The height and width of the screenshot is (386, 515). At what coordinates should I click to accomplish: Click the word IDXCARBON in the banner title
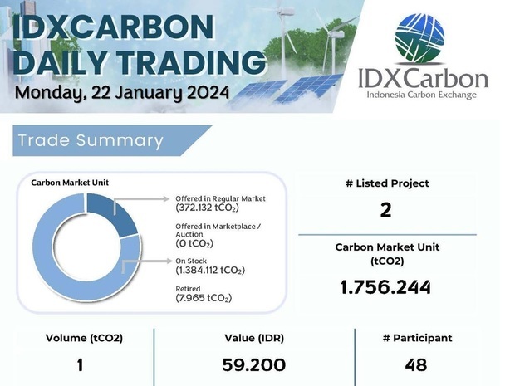click(x=114, y=27)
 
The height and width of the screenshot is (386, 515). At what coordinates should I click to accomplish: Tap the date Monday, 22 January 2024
click(x=122, y=93)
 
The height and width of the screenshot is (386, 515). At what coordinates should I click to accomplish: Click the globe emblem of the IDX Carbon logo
click(x=419, y=38)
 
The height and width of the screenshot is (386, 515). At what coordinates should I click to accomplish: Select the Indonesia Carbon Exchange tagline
click(x=421, y=95)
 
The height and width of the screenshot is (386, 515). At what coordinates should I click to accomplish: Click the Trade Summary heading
click(x=91, y=140)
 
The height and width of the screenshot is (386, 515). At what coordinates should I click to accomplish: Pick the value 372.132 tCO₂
click(x=208, y=208)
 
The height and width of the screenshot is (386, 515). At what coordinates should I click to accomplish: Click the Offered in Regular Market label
click(x=220, y=198)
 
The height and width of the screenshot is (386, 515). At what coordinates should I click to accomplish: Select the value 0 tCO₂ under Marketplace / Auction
click(x=194, y=243)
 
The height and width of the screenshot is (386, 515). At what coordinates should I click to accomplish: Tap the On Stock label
click(x=191, y=261)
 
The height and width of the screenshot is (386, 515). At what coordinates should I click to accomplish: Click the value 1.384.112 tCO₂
click(x=210, y=270)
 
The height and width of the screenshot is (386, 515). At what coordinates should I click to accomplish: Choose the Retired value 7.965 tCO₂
click(x=204, y=298)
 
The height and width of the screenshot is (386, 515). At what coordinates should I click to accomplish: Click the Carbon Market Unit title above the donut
click(x=70, y=183)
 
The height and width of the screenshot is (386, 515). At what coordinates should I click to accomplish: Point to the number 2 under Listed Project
click(x=386, y=210)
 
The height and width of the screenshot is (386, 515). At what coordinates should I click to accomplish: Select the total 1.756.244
click(x=385, y=287)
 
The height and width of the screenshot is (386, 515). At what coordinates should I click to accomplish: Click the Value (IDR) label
click(x=254, y=338)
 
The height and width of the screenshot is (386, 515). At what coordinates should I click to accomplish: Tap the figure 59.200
click(x=254, y=365)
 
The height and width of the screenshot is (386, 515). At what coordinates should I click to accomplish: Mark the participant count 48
click(x=416, y=365)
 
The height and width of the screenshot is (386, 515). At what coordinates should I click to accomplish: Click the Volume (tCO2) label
click(x=84, y=338)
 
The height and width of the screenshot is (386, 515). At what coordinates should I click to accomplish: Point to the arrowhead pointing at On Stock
click(x=169, y=261)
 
